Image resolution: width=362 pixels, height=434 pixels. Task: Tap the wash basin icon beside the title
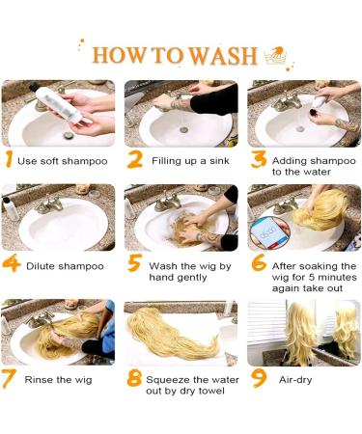point(276,55)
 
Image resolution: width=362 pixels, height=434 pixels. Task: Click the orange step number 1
point(10,160)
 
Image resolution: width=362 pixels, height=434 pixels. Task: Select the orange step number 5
point(135,262)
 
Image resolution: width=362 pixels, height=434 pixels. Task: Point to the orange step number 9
point(259,378)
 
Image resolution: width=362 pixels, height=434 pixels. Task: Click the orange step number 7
point(9,379)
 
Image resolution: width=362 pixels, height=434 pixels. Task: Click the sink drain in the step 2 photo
point(183,130)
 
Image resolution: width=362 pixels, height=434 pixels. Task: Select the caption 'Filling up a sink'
point(190,161)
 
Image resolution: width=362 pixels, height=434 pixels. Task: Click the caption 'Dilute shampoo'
point(65,266)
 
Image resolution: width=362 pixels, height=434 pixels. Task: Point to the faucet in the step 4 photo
point(49,204)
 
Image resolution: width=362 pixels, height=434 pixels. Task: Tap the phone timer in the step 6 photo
point(269,233)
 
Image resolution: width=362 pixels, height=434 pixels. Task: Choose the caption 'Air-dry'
point(295,380)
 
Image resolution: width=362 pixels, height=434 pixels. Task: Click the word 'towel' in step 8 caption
point(211,391)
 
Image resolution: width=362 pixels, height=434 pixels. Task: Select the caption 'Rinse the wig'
point(58,380)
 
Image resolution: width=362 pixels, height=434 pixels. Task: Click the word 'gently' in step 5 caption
point(191,278)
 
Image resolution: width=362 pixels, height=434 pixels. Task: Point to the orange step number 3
point(259,160)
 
